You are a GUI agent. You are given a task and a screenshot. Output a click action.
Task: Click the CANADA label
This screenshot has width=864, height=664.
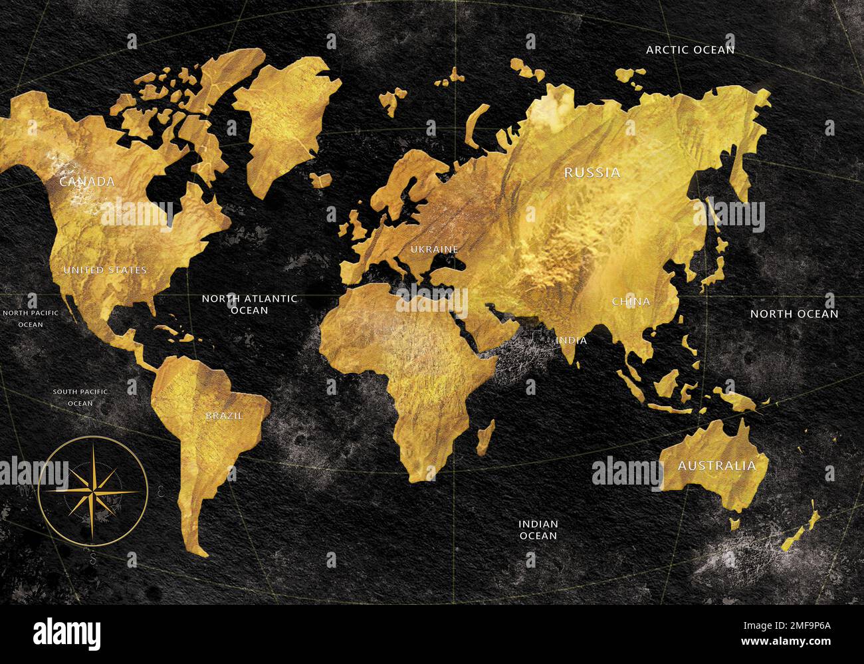pos(87,181)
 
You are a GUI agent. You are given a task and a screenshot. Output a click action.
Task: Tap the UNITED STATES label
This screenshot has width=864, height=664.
pos(105,270)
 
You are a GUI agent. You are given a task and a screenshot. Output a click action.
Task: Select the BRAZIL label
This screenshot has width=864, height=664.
pos(224,416)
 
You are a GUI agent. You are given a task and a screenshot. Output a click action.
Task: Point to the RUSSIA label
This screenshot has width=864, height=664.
pos(592,173)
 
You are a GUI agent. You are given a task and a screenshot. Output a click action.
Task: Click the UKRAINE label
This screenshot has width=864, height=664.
pos(435,249)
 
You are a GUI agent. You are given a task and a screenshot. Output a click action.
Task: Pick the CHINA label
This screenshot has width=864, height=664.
pos(631,302)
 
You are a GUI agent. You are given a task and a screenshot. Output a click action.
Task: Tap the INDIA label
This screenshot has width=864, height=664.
pos(572,340)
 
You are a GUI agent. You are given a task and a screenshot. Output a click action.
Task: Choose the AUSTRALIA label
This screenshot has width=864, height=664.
pos(716,466)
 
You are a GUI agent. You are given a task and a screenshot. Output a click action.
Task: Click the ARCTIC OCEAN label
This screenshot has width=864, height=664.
pos(691,50)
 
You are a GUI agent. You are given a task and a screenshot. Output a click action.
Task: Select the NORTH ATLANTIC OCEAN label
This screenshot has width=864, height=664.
pos(250,304)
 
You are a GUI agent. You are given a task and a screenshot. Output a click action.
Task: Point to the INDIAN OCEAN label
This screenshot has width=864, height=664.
pos(538,530)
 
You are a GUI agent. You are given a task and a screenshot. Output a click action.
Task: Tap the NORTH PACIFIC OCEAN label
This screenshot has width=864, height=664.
pos(31,318)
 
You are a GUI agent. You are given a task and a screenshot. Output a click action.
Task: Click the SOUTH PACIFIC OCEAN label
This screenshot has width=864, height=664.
pos(80,397)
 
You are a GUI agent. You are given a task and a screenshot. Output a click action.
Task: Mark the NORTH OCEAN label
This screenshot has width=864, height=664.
pos(794,314)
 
